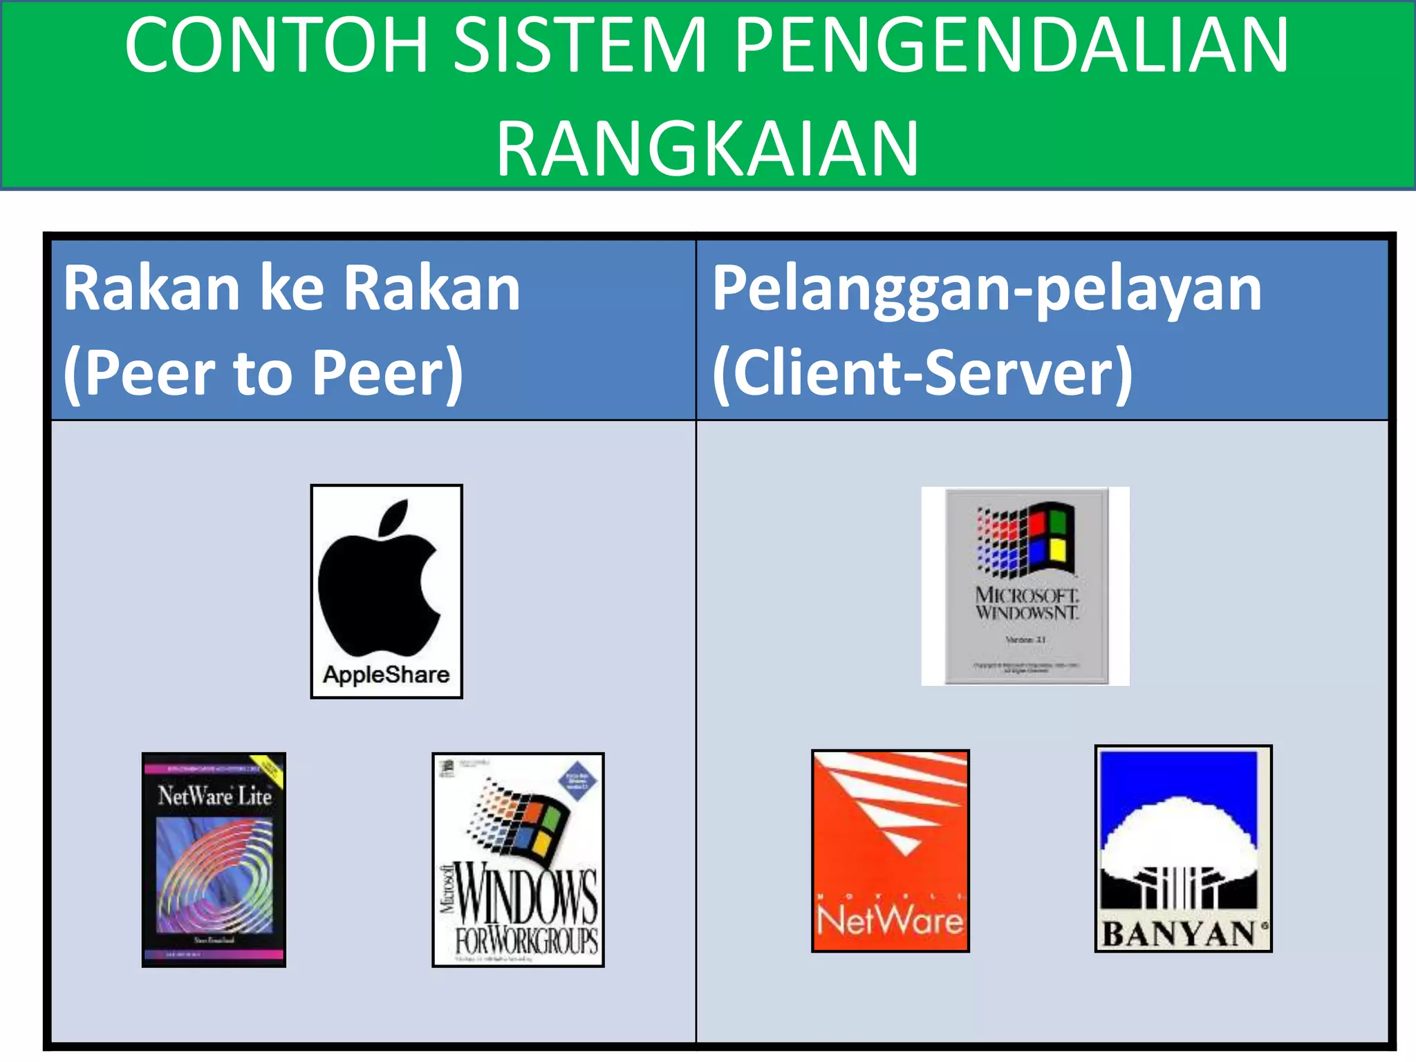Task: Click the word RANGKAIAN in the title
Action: pyautogui.click(x=707, y=148)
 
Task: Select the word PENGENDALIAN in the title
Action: pyautogui.click(x=1011, y=45)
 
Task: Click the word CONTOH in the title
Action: pyautogui.click(x=277, y=45)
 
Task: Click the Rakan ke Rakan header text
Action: pyautogui.click(x=292, y=289)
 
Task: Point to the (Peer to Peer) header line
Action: pyautogui.click(x=263, y=373)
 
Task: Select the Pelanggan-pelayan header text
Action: pyautogui.click(x=987, y=289)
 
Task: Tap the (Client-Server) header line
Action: pyautogui.click(x=922, y=373)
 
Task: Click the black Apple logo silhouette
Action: pyautogui.click(x=379, y=581)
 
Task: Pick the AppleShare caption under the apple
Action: pyautogui.click(x=386, y=674)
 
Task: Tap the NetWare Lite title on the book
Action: pyautogui.click(x=214, y=796)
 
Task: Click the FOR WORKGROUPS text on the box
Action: pyautogui.click(x=526, y=941)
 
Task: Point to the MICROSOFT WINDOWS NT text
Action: pyautogui.click(x=1026, y=604)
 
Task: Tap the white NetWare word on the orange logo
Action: pyautogui.click(x=890, y=920)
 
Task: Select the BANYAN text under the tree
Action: pyautogui.click(x=1180, y=934)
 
